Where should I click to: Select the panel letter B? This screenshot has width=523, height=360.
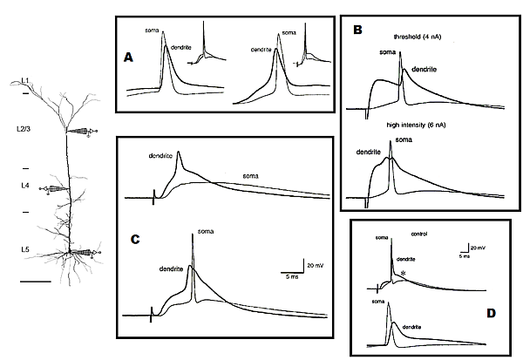357,30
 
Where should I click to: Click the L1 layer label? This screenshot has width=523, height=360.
26,80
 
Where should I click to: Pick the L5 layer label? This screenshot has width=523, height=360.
26,251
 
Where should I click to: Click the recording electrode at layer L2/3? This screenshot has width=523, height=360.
83,132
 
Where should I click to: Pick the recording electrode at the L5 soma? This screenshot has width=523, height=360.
84,254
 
